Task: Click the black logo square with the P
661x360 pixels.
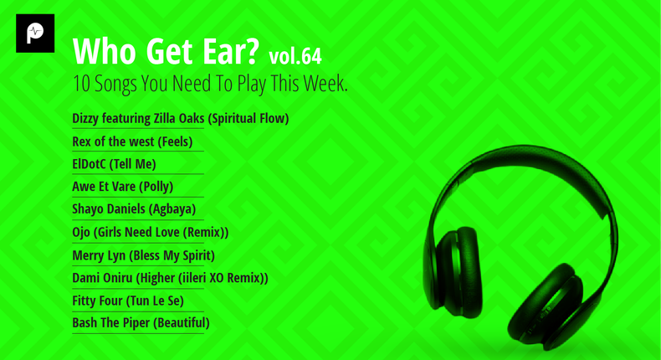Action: (x=35, y=33)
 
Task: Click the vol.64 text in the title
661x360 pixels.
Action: (x=295, y=56)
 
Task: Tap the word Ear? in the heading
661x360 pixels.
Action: (x=231, y=51)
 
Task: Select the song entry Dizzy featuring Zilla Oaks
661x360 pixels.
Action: (x=181, y=119)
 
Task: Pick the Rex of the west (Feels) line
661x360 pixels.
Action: (x=132, y=141)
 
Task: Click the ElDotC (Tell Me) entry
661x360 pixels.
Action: (x=114, y=164)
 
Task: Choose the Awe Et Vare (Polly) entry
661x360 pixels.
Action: (x=123, y=186)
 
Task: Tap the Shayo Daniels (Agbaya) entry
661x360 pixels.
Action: (x=134, y=209)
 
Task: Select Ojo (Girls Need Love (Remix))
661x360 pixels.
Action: (x=150, y=232)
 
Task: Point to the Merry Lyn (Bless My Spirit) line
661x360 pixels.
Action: (x=143, y=255)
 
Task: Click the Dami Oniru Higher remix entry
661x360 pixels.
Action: (x=170, y=278)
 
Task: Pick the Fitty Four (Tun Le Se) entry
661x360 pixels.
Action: (x=128, y=301)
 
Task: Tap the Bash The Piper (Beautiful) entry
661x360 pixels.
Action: (x=141, y=323)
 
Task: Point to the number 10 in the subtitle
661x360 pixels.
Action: (x=81, y=84)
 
